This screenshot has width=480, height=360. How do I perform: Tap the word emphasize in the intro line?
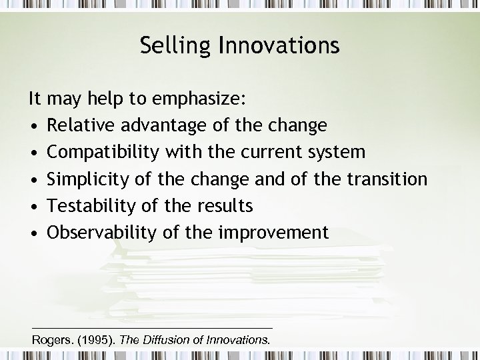pos(198,100)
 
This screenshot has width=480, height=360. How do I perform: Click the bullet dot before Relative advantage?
pos(33,127)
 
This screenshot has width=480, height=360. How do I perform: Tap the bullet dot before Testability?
pos(33,207)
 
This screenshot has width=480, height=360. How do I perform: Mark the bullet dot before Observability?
pos(33,233)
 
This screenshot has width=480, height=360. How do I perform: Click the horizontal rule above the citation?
pos(152,327)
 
